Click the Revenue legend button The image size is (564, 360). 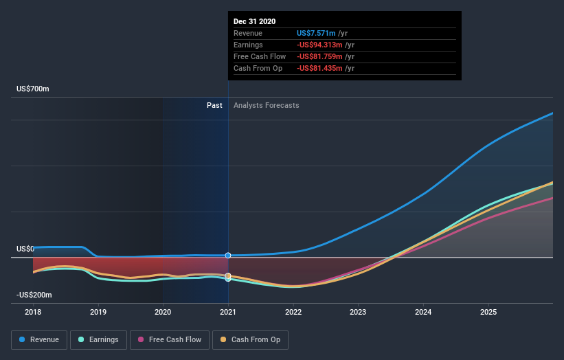(40, 339)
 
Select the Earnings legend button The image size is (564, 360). (98, 339)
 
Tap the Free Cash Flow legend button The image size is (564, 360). (168, 339)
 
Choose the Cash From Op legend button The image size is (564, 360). (251, 339)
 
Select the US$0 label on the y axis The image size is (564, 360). (25, 249)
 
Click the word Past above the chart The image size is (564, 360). (214, 105)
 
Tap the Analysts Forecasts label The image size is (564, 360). (267, 105)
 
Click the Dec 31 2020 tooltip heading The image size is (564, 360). (255, 21)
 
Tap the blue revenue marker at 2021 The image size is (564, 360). (228, 256)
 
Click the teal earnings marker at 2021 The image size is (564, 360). (228, 279)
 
